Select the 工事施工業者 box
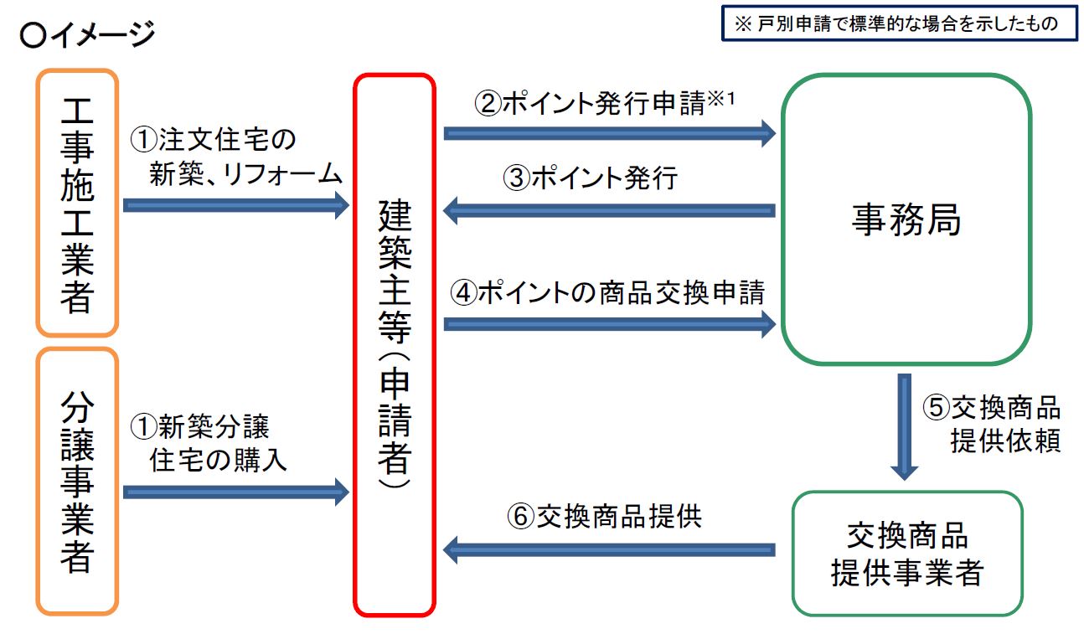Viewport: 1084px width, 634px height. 77,204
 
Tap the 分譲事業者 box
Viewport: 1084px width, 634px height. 77,482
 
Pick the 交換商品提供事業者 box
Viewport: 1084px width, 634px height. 906,554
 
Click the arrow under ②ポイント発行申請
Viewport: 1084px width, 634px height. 609,131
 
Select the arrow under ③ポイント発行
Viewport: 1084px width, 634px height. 609,210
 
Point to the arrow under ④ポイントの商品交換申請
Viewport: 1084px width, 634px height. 609,324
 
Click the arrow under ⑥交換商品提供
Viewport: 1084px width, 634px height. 609,550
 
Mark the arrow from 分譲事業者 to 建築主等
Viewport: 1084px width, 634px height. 235,492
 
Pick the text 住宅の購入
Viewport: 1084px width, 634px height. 219,460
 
